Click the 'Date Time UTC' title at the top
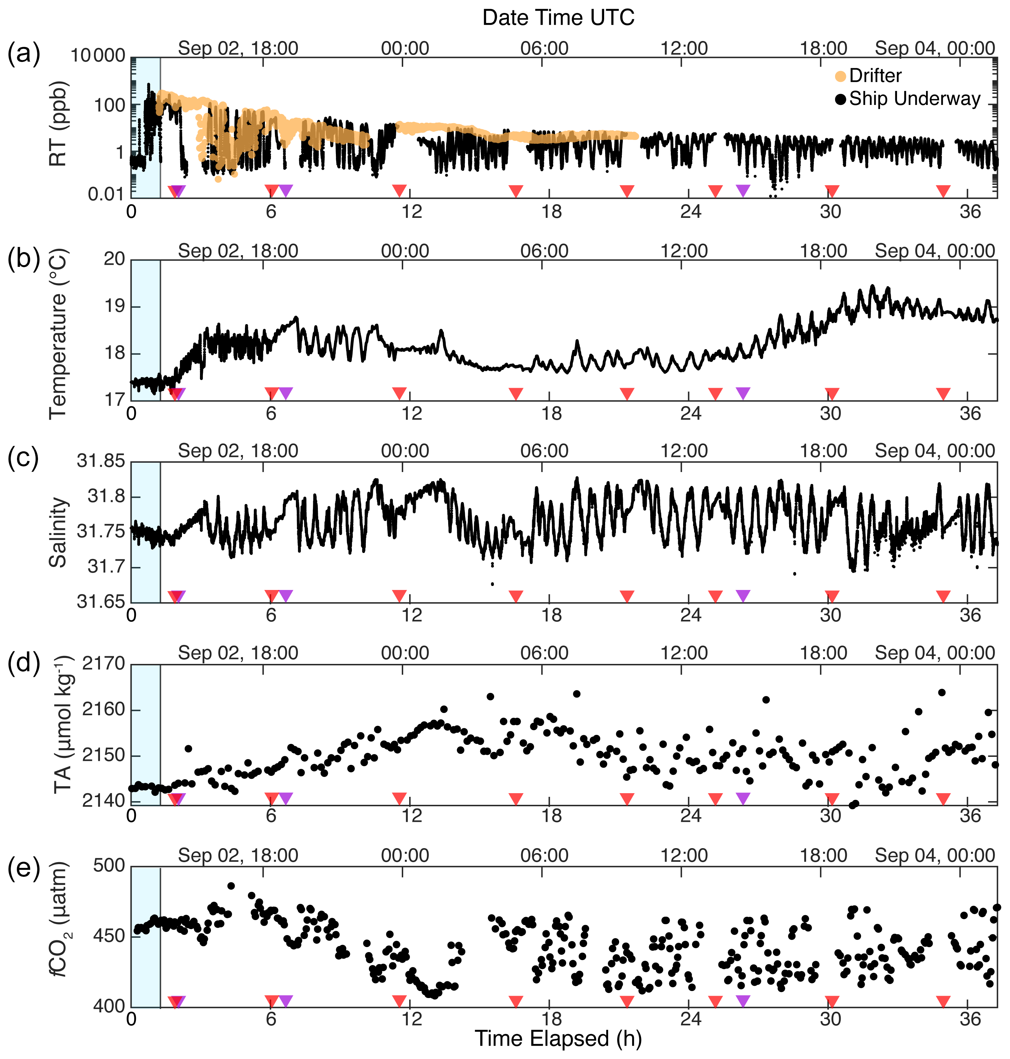558,18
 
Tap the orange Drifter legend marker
840,76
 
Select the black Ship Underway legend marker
840,100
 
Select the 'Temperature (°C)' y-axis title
58,334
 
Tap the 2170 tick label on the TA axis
103,664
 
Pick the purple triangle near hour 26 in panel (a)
743,190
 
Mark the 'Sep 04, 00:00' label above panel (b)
935,251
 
